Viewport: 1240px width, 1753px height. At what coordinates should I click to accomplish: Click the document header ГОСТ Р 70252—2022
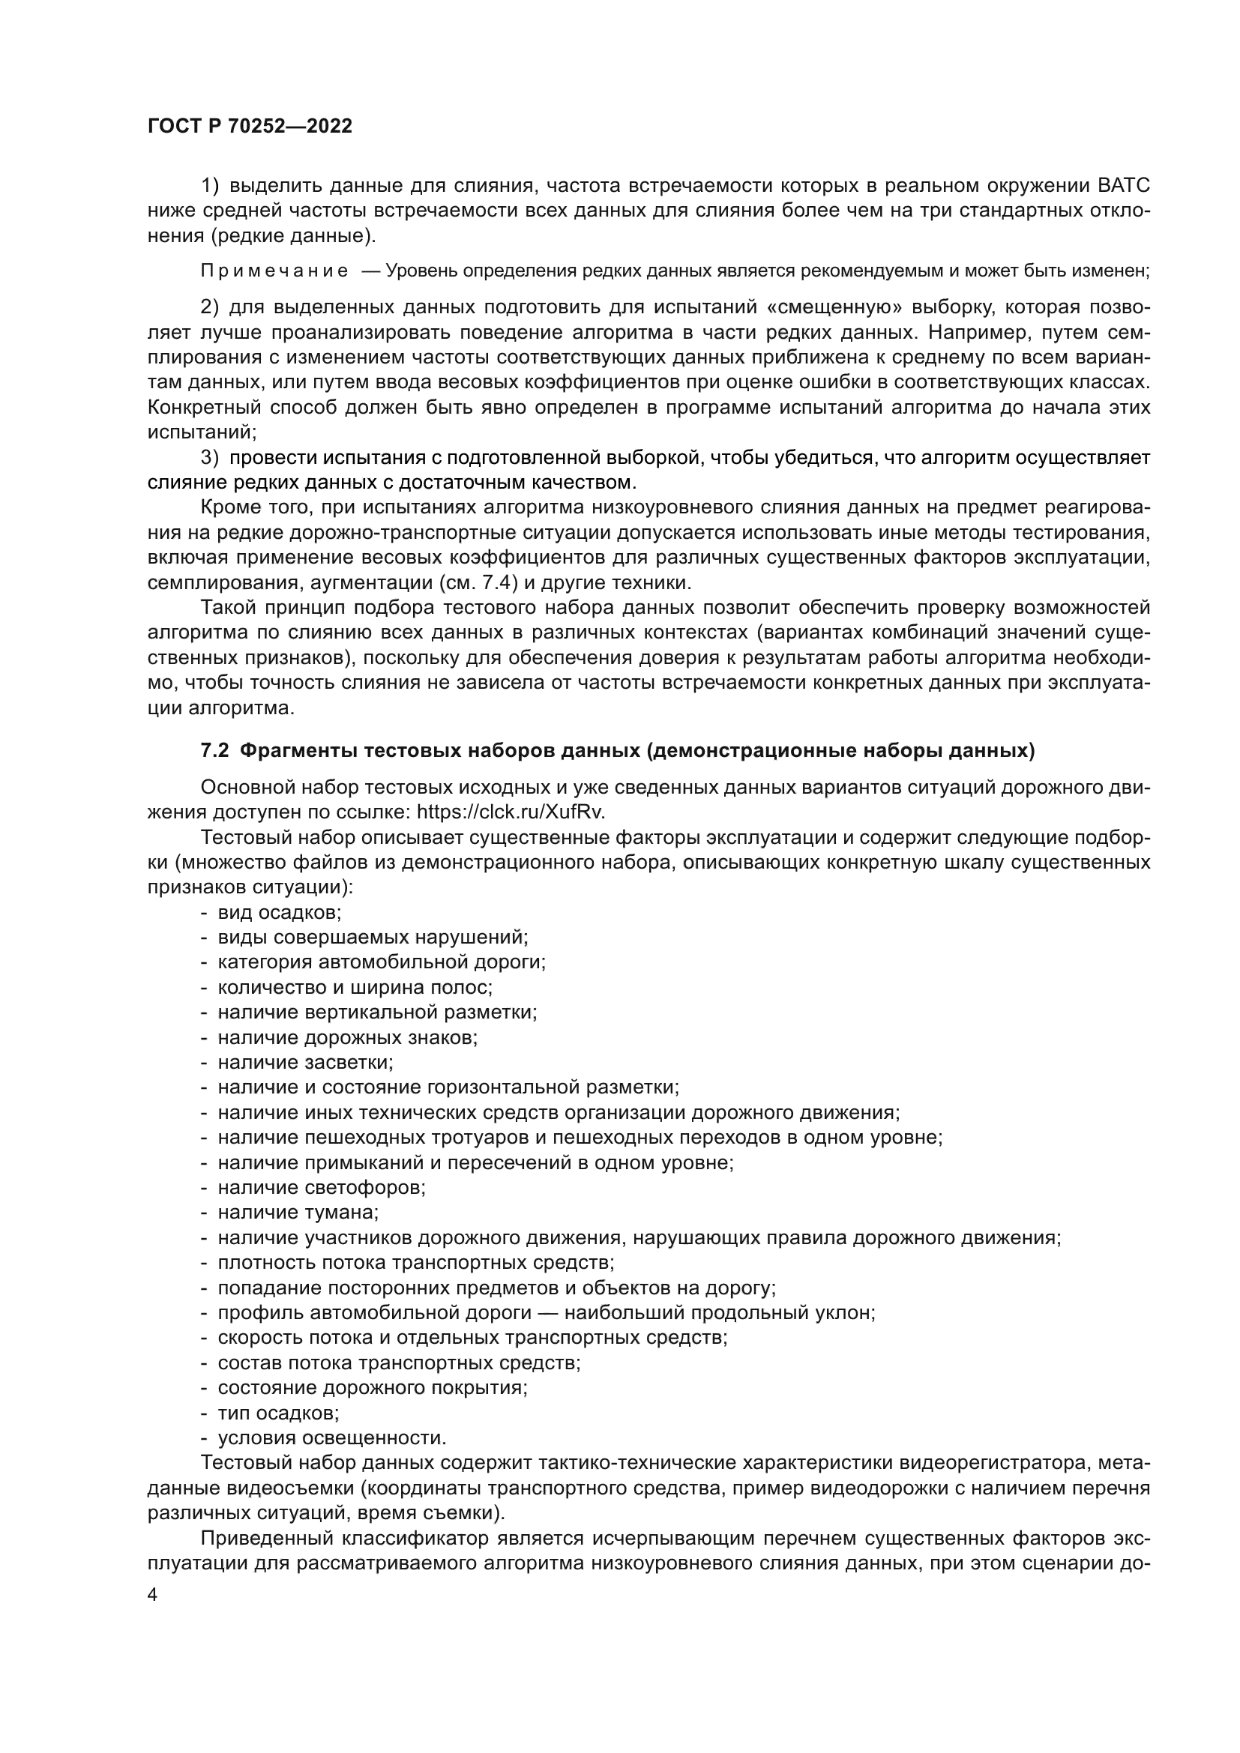click(x=250, y=127)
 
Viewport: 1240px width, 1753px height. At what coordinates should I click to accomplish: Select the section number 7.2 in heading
click(x=214, y=751)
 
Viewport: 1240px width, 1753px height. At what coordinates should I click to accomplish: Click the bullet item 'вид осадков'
click(x=280, y=912)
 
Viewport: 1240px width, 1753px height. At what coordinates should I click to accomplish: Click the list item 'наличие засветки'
click(x=305, y=1062)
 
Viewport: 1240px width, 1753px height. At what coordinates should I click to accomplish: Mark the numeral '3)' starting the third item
click(x=210, y=458)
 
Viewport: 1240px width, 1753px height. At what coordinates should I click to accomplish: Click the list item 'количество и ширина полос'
click(x=355, y=987)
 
